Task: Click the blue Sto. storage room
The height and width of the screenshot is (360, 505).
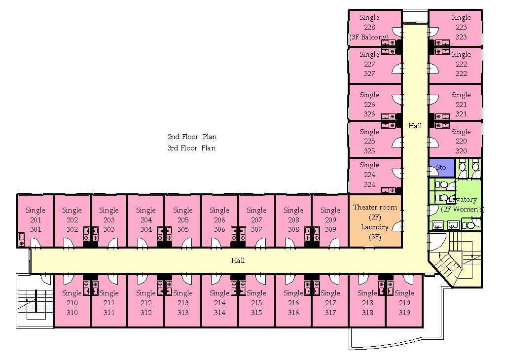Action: (x=441, y=167)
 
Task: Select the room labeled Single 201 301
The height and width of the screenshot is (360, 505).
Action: (x=35, y=220)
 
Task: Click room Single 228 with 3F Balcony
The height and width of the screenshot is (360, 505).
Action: (x=369, y=27)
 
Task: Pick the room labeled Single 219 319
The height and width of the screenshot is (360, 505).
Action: (x=404, y=303)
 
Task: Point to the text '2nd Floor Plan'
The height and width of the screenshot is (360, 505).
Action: (x=192, y=137)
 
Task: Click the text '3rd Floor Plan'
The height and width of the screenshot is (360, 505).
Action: (x=192, y=148)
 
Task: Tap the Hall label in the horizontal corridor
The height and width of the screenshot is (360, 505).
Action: (x=238, y=260)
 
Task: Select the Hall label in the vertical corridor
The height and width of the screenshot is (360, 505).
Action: (x=415, y=126)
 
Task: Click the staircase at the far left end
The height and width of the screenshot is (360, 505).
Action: (x=35, y=301)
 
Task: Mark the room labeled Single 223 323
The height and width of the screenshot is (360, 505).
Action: (x=461, y=27)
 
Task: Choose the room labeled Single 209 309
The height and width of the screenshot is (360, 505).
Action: (x=330, y=220)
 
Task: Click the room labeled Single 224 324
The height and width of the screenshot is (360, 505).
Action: (x=369, y=175)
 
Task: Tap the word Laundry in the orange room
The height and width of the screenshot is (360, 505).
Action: (x=375, y=227)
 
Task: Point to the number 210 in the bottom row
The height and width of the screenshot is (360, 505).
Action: (x=72, y=303)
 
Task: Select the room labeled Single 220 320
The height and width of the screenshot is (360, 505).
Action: (x=461, y=141)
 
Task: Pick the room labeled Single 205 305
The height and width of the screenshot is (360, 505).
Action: (x=182, y=220)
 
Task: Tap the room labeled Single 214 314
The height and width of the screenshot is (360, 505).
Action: (x=219, y=303)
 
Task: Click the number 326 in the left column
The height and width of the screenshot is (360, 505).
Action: (x=369, y=114)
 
